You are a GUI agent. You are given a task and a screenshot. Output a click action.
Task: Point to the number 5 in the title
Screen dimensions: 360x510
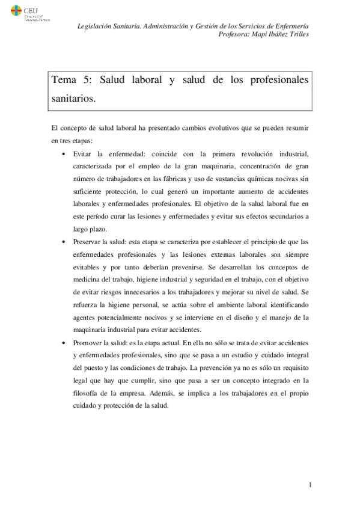(87, 81)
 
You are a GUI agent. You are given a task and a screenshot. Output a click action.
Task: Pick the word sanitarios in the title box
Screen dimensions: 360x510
(73, 99)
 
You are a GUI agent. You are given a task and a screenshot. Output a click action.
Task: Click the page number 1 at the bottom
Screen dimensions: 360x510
(309, 485)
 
